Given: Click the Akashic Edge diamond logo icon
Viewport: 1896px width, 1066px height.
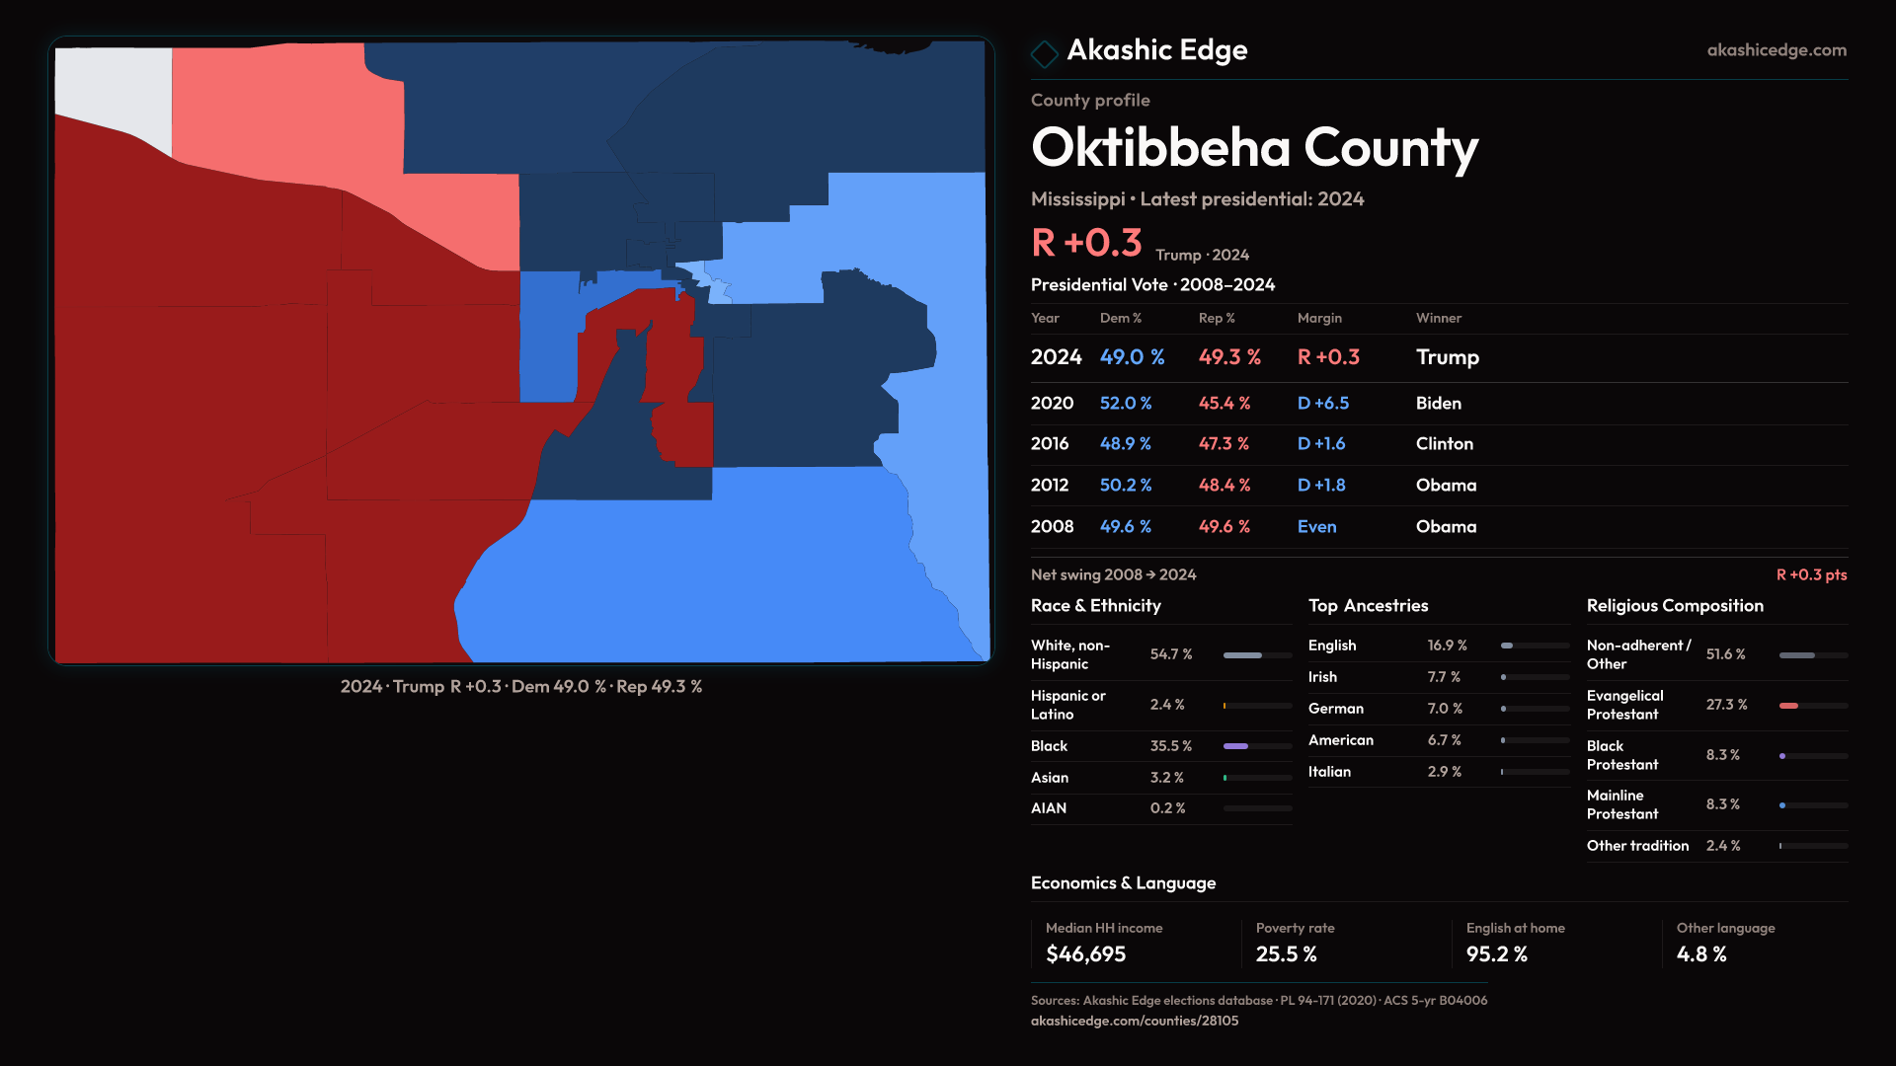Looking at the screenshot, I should tap(1044, 52).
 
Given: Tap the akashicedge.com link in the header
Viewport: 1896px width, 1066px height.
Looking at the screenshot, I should tap(1777, 50).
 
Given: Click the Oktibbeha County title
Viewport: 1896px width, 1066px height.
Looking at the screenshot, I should tap(1254, 148).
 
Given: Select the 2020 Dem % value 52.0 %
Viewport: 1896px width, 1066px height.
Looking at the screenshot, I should tap(1126, 404).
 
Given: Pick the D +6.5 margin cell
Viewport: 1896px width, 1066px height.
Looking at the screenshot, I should tap(1322, 404).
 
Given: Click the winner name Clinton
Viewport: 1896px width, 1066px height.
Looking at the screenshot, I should tap(1444, 444).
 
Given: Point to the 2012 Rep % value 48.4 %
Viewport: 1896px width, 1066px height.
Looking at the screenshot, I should tap(1224, 486).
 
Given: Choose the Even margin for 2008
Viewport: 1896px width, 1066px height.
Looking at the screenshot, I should tap(1316, 527).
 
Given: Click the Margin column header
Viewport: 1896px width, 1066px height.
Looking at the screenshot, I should tap(1319, 318).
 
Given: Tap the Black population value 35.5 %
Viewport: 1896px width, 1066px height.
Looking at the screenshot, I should tap(1170, 746).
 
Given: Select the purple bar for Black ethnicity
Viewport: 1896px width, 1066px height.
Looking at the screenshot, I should tap(1235, 746).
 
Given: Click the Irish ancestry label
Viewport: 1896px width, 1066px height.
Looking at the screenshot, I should tap(1322, 677).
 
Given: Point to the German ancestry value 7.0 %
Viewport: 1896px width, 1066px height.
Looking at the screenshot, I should tap(1443, 709).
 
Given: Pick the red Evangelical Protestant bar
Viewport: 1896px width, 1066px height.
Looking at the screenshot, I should tap(1788, 706).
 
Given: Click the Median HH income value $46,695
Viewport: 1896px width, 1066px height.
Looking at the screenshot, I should tap(1085, 954).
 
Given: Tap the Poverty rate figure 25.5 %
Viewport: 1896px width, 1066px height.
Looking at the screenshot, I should tap(1286, 954).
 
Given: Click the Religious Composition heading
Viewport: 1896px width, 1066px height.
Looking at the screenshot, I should tap(1675, 606).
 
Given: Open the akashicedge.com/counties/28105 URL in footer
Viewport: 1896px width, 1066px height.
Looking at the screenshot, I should tap(1134, 1022).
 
